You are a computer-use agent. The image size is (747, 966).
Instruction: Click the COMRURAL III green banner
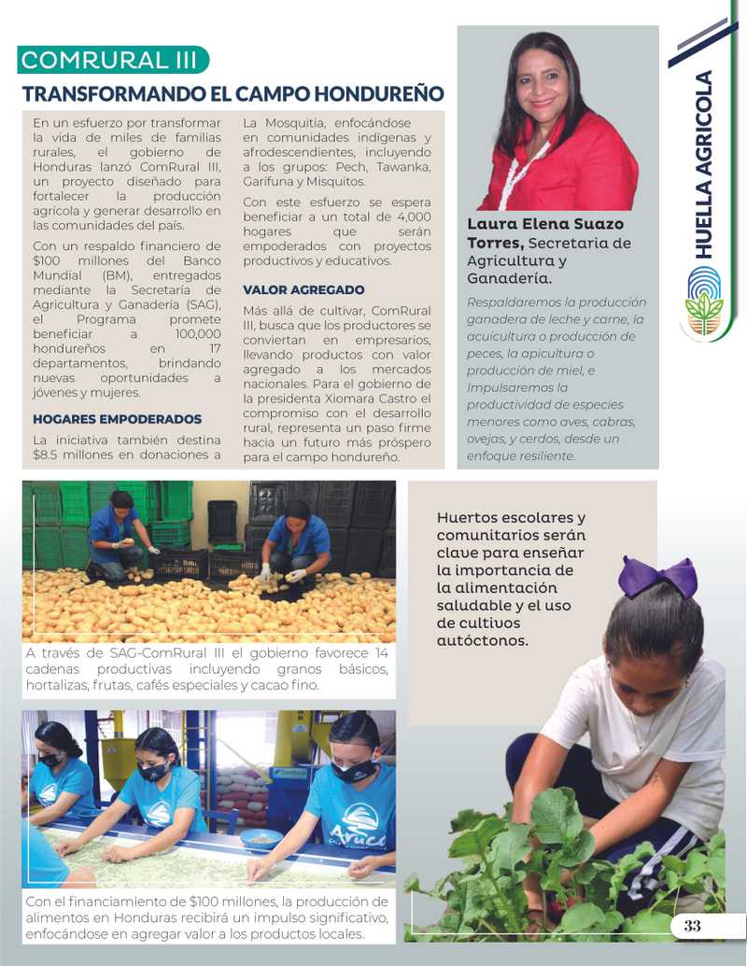tap(110, 61)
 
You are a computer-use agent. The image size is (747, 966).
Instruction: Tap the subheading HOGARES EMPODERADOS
tap(117, 419)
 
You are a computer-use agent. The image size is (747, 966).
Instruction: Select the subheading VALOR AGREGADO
tap(303, 290)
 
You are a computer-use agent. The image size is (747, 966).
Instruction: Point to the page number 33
tap(692, 926)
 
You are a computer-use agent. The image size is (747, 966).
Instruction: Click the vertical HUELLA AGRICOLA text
tap(705, 164)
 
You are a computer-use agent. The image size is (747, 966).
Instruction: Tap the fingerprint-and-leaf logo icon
tap(704, 301)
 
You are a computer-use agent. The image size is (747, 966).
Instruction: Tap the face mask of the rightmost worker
tap(354, 771)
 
